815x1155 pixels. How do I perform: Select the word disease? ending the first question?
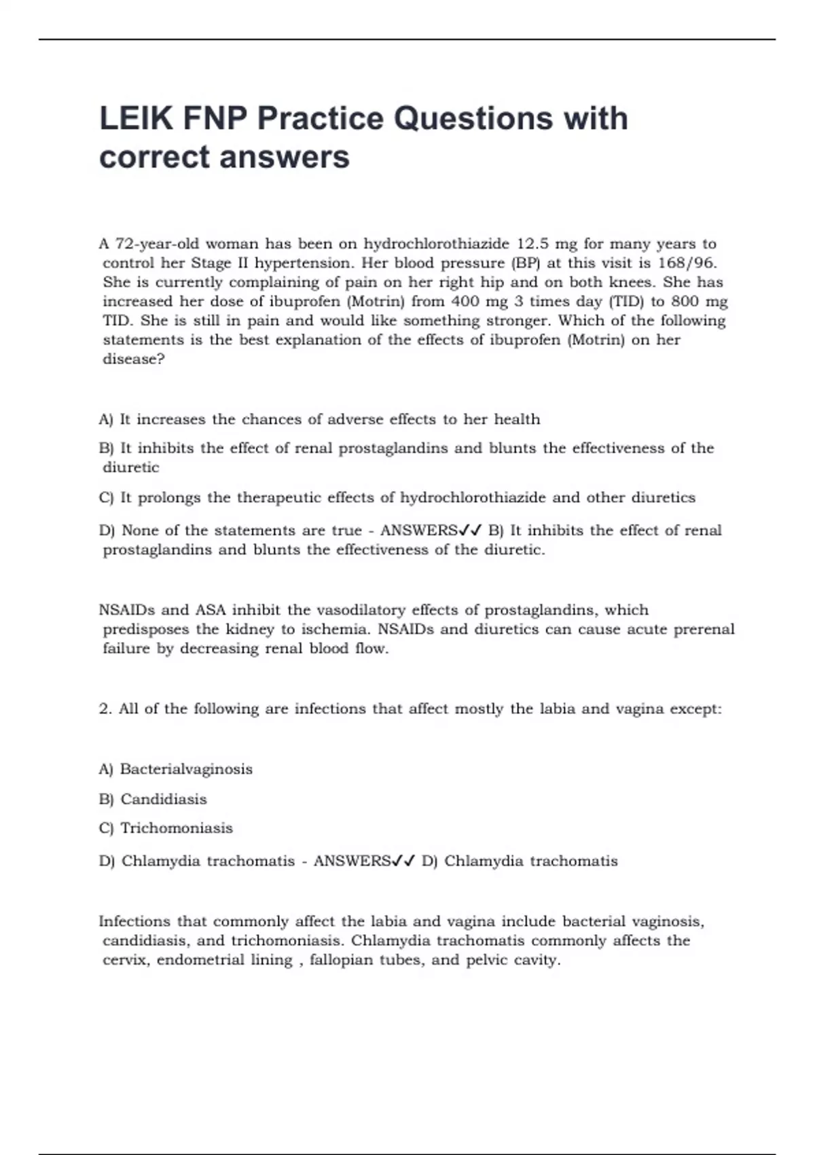coord(134,359)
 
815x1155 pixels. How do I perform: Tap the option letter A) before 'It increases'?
coord(106,420)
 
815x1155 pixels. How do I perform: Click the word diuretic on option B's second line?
coord(131,468)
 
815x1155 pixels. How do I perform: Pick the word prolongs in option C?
coord(169,498)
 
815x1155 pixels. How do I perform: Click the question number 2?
coord(105,709)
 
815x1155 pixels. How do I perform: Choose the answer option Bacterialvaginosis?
coord(186,769)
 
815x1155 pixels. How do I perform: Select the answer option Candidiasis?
coord(163,799)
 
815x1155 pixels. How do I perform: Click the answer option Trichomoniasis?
coord(177,828)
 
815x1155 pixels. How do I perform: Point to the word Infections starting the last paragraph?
coord(134,922)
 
